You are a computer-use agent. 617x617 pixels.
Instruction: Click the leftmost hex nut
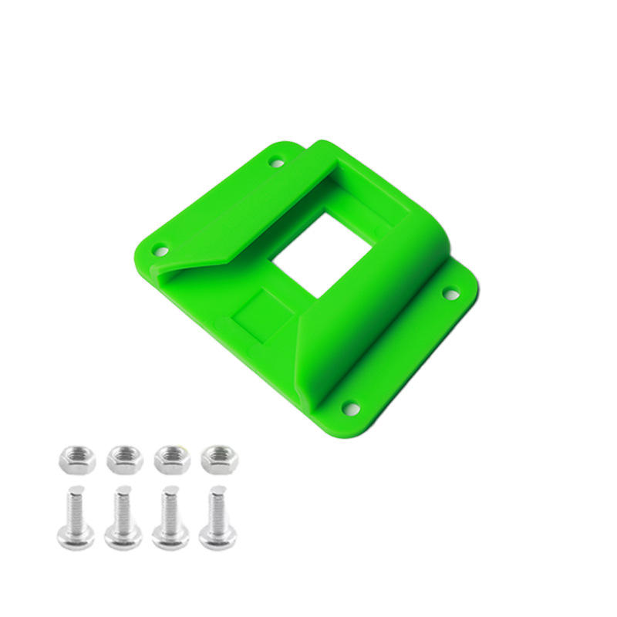click(76, 460)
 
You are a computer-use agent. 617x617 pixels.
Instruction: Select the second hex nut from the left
click(124, 460)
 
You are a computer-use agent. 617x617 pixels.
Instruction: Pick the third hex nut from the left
click(172, 460)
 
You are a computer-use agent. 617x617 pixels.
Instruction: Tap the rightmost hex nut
click(219, 460)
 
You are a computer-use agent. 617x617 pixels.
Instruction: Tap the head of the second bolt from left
click(123, 535)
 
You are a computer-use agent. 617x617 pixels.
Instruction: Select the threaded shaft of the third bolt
click(169, 505)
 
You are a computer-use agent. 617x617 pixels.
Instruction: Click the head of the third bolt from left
click(170, 535)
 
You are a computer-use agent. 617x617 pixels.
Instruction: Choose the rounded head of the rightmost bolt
click(217, 535)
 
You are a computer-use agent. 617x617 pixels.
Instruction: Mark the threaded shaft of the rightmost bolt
click(217, 505)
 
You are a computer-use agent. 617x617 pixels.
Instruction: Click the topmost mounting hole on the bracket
click(275, 162)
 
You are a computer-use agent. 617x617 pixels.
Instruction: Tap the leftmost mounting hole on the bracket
click(160, 250)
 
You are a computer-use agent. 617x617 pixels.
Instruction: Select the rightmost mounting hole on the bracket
click(450, 294)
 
